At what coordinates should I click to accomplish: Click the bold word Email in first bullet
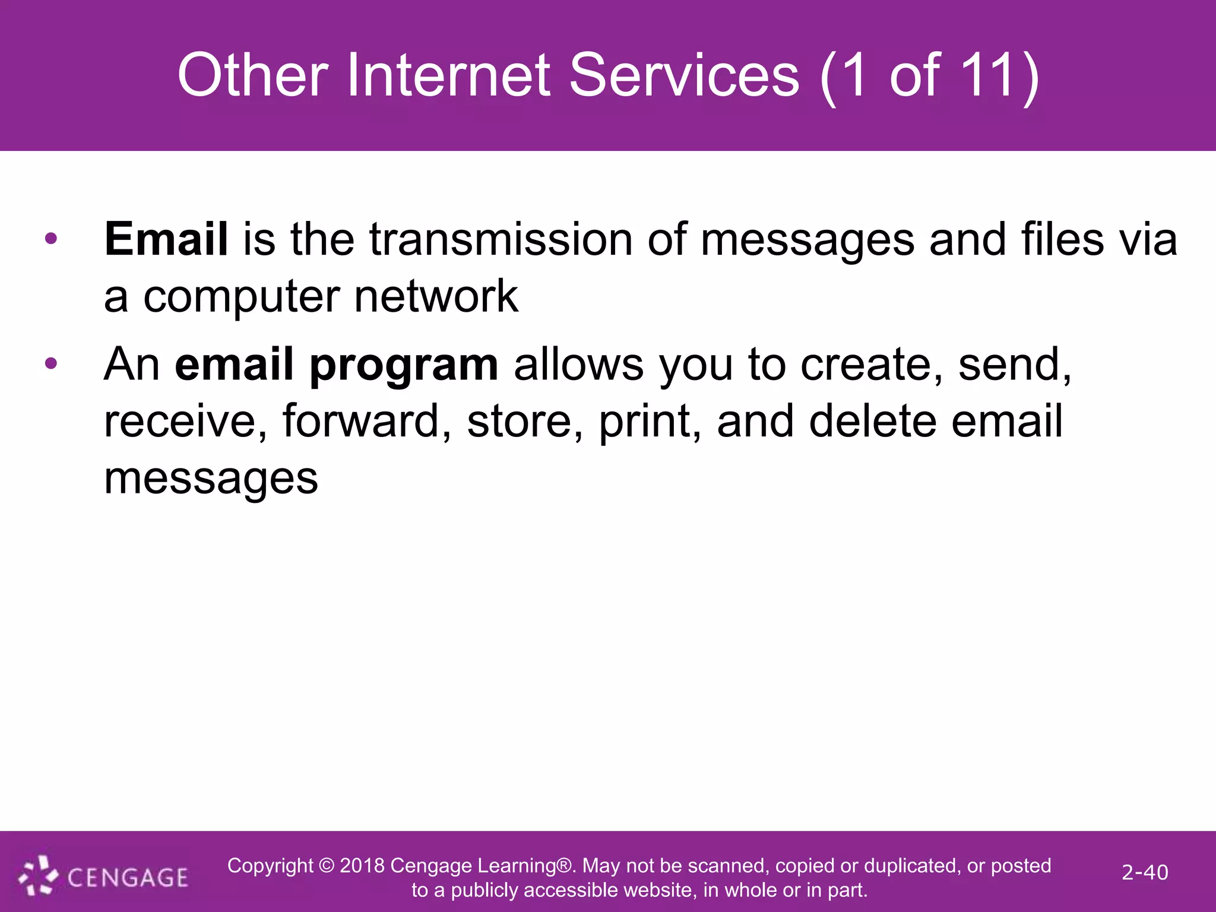[x=166, y=239]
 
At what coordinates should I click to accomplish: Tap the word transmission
[x=501, y=239]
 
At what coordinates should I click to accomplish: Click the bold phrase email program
[x=336, y=365]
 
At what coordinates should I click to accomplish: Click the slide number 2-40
[x=1144, y=872]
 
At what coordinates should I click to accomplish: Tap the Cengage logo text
[x=128, y=878]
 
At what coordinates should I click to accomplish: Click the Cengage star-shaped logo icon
[x=38, y=876]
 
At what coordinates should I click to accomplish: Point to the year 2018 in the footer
[x=362, y=866]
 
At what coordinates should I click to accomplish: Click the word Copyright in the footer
[x=270, y=866]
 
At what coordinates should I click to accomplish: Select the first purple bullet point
[x=51, y=239]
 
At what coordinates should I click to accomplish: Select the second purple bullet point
[x=51, y=363]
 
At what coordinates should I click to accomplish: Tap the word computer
[x=242, y=297]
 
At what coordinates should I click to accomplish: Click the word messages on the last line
[x=211, y=479]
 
